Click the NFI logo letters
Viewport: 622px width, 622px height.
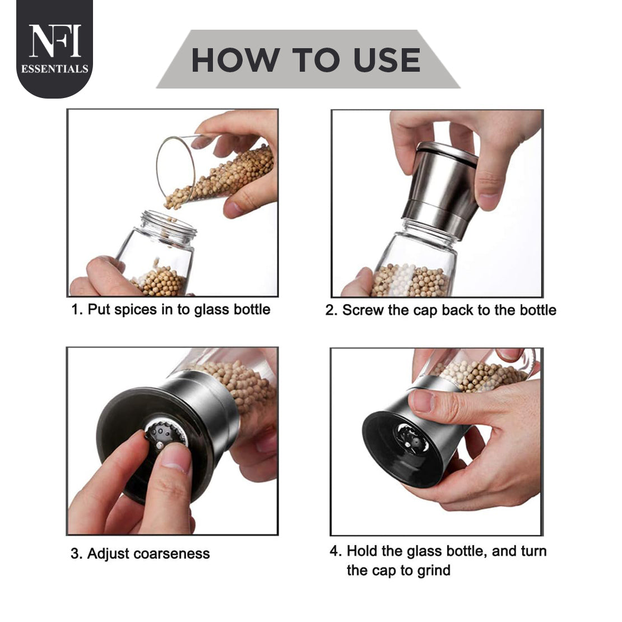pyautogui.click(x=55, y=41)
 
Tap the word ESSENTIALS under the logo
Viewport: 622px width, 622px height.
pyautogui.click(x=55, y=69)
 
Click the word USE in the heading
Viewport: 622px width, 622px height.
pyautogui.click(x=387, y=60)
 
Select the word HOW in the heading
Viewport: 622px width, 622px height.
pyautogui.click(x=235, y=60)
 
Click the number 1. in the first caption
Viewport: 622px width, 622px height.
pyautogui.click(x=77, y=309)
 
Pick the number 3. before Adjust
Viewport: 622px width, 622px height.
pyautogui.click(x=77, y=554)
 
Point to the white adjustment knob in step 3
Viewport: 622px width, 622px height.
pyautogui.click(x=160, y=445)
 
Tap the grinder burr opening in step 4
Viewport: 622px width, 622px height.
pyautogui.click(x=412, y=439)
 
